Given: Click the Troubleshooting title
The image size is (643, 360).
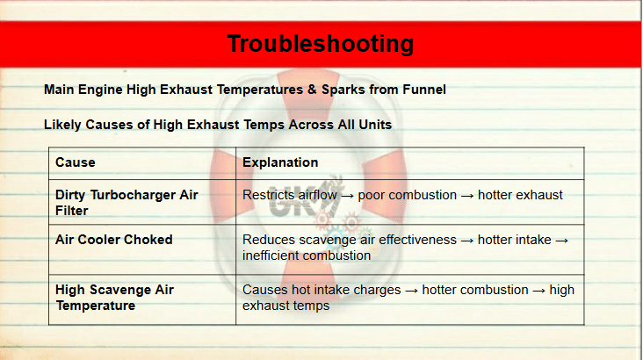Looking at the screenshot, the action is point(321,44).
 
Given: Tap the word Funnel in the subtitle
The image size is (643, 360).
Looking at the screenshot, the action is point(424,90).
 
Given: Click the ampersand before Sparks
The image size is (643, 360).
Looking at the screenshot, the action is point(312,90).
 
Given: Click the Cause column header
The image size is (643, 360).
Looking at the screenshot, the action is point(75,162).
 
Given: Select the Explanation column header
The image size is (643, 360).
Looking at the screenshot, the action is point(280,162).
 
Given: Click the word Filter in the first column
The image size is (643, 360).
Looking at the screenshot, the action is point(72,211).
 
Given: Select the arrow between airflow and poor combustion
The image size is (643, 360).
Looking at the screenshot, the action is point(347,196).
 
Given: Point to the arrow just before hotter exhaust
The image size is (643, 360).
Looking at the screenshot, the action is point(467,196).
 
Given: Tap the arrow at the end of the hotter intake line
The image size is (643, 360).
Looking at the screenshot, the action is point(562,241).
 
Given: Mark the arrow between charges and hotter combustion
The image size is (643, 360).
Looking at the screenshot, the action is point(411,291).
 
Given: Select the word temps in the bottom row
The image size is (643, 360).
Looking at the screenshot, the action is point(314,306).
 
